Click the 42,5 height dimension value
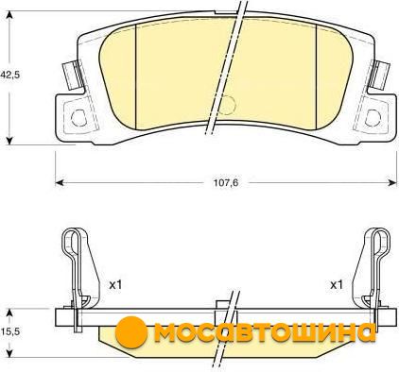9,76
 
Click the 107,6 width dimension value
226,182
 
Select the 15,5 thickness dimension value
9,331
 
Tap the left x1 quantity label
115,285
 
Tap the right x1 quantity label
336,285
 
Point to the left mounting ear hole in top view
78,118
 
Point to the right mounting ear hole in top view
373,118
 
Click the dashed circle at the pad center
226,105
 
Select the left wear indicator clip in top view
73,76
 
